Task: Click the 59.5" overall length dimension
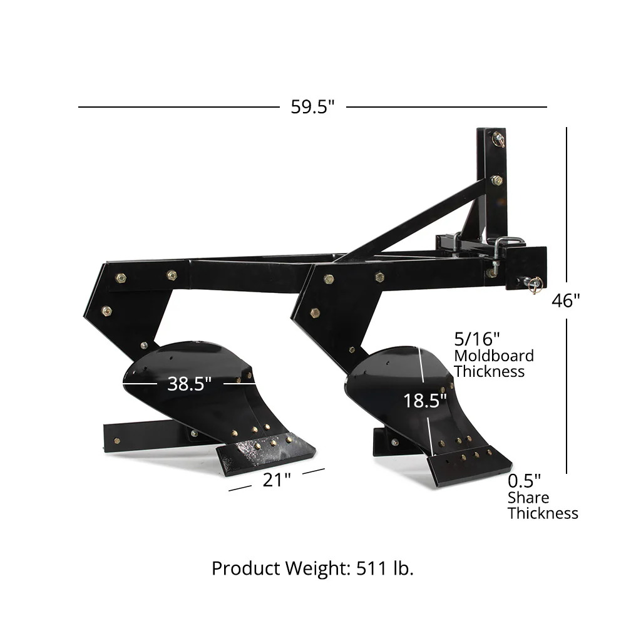point(312,107)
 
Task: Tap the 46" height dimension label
point(566,301)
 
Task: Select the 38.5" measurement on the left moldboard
point(189,384)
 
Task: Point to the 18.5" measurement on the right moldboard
point(425,401)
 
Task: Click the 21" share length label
point(277,480)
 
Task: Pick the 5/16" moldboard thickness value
point(477,339)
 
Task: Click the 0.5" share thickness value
point(525,481)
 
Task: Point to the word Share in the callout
point(528,498)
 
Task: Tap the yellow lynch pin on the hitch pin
point(533,286)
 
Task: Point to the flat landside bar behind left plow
point(144,435)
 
